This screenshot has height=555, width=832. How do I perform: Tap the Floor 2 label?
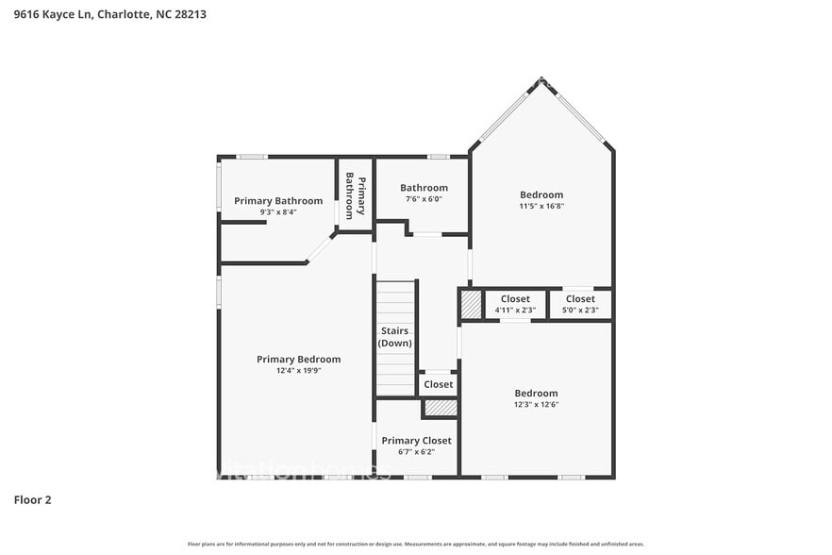32,499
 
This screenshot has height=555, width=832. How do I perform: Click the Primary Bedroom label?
298,359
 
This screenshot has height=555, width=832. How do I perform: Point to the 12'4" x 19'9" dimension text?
298,371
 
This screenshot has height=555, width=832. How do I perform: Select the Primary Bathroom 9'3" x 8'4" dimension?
278,212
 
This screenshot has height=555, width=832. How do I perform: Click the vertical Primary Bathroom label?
354,195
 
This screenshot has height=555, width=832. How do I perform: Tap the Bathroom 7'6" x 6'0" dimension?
424,199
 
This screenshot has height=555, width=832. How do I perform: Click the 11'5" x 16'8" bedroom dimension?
541,206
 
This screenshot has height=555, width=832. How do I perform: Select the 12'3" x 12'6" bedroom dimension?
536,404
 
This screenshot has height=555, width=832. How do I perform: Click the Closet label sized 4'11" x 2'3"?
515,299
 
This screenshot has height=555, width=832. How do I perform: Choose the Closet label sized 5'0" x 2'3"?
580,299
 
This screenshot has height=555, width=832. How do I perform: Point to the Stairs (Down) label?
394,336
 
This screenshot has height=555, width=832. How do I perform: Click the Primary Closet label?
416,441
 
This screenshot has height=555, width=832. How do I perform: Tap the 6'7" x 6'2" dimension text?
416,452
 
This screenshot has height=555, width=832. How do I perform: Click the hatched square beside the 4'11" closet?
471,304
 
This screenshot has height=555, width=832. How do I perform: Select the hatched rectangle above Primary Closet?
440,408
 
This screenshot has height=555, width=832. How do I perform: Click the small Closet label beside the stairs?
438,384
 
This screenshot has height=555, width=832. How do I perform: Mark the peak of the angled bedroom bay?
542,80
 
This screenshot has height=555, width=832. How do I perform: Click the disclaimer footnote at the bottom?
415,544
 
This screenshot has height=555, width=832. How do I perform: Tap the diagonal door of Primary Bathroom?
321,248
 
